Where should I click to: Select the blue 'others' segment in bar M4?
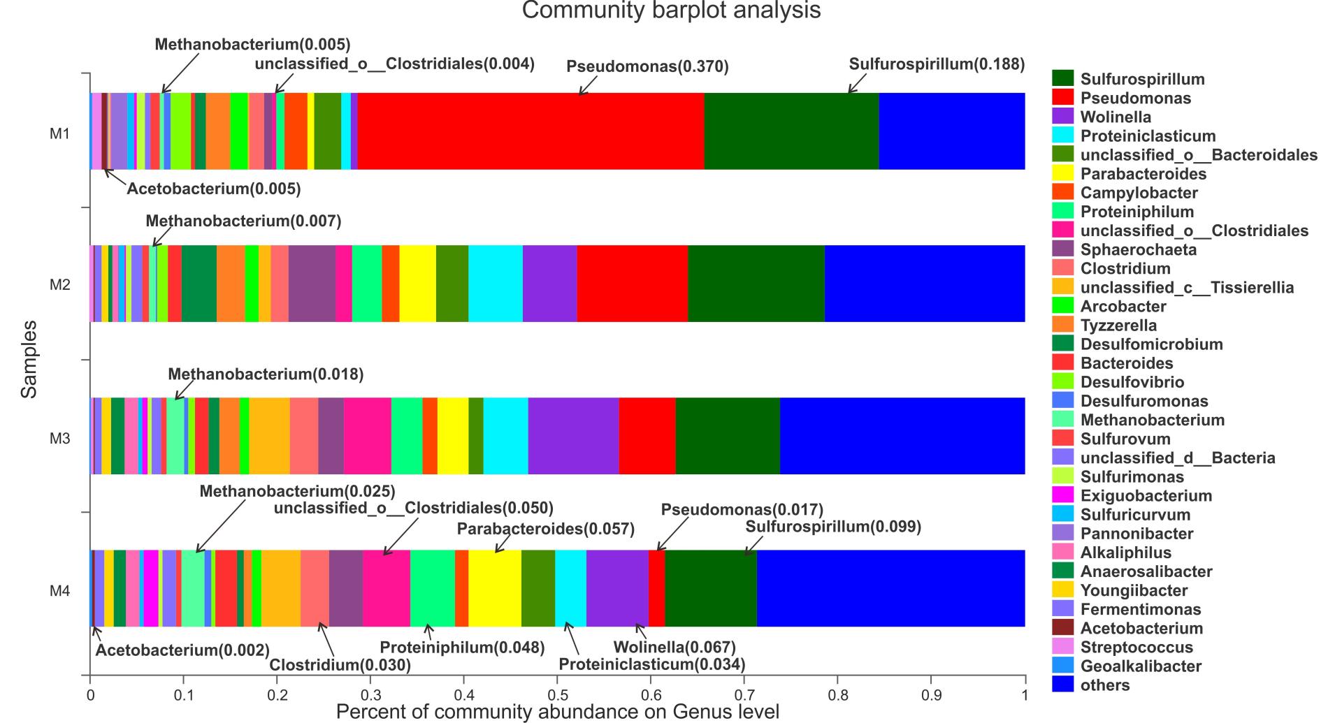(x=890, y=588)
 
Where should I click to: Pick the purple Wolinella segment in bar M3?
(x=573, y=436)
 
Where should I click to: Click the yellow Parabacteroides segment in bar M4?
(x=494, y=588)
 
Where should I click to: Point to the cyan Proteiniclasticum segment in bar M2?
(x=495, y=283)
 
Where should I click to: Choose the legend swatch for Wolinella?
(x=1062, y=117)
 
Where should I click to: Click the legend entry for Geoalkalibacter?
(x=1140, y=666)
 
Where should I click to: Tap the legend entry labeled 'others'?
(x=1104, y=685)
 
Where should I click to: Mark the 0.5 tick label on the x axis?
(x=557, y=696)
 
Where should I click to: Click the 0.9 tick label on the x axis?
(x=931, y=696)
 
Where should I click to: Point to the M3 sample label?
(x=59, y=438)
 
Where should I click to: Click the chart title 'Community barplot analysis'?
(x=671, y=10)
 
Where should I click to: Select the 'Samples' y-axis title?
(x=29, y=360)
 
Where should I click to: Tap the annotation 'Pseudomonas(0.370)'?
(x=647, y=67)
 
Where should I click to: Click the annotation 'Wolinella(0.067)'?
(x=674, y=648)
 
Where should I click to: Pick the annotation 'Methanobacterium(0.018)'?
(x=266, y=374)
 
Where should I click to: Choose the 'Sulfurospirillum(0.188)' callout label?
(x=937, y=65)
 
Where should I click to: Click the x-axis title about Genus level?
(x=557, y=712)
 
